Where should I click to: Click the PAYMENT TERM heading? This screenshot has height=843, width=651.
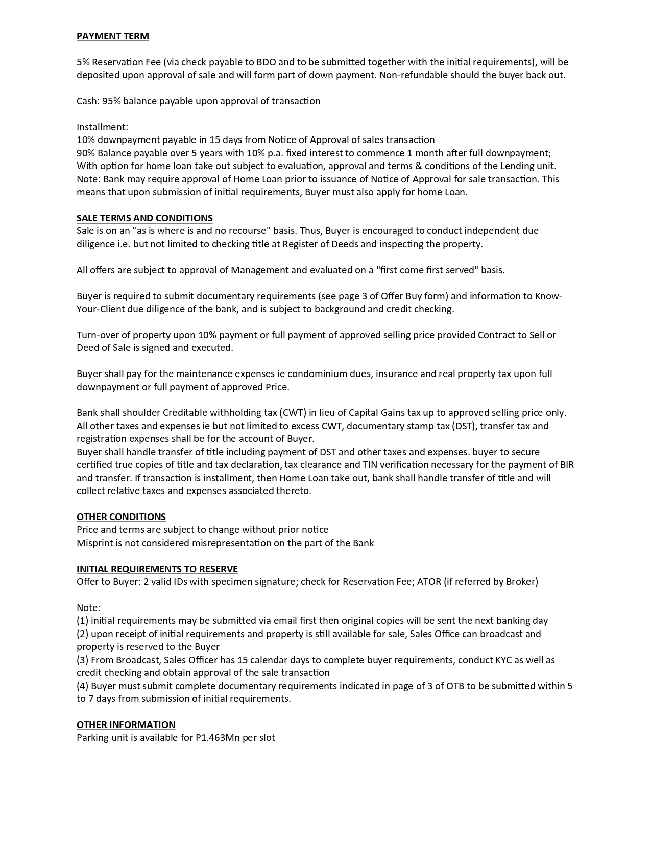(112, 36)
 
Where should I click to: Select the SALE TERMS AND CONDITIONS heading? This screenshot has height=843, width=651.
(144, 218)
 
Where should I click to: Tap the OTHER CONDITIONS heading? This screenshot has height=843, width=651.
(121, 517)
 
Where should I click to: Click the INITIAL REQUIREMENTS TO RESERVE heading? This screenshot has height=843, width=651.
(157, 569)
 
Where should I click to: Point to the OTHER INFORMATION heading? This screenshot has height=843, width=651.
(126, 724)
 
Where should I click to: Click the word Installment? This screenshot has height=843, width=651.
(102, 127)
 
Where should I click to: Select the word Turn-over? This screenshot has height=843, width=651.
(98, 335)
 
